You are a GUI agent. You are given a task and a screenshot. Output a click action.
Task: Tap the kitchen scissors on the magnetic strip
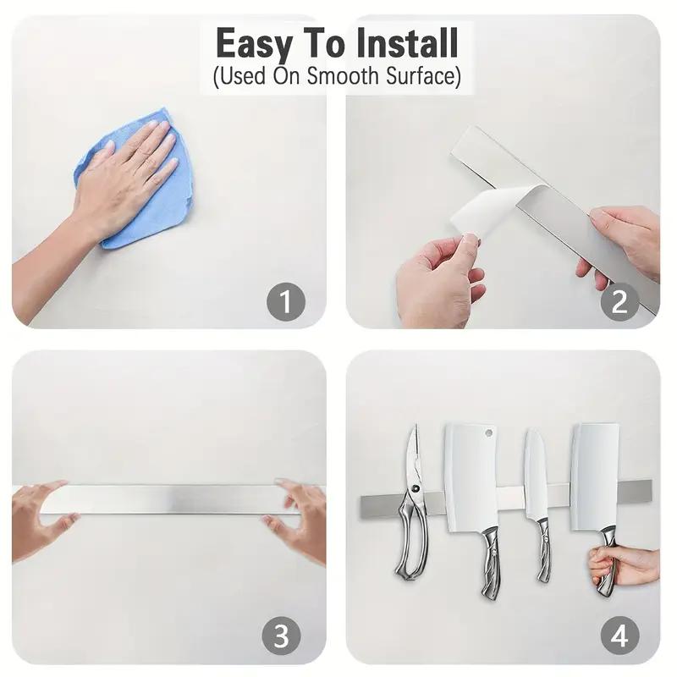410,508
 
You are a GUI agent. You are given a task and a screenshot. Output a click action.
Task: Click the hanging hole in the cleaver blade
488,432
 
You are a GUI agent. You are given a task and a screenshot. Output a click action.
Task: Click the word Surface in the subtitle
419,77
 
